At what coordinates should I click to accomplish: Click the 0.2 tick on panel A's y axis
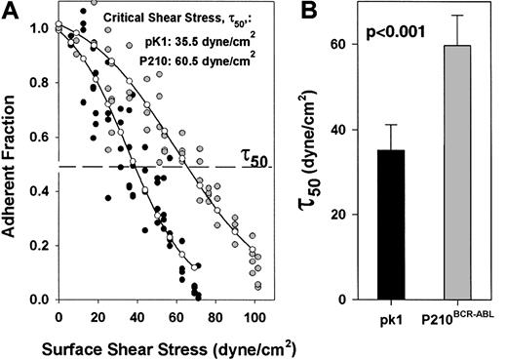point(39,245)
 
